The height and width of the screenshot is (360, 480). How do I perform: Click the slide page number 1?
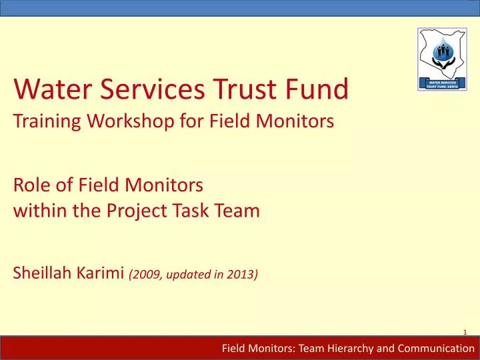tap(464, 333)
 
